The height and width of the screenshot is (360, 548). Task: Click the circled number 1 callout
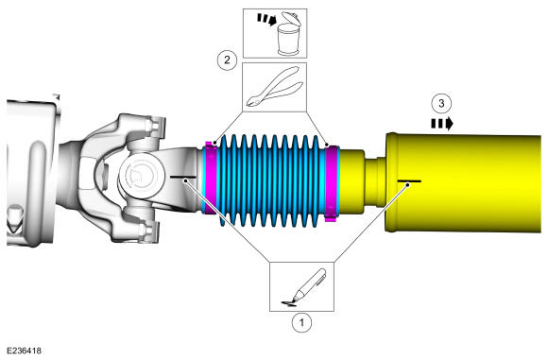301,322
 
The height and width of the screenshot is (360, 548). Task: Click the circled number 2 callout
227,60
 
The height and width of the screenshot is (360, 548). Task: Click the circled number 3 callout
441,103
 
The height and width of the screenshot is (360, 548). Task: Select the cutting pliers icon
275,87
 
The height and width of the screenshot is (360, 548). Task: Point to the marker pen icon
304,287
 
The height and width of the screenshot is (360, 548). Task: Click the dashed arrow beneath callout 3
442,124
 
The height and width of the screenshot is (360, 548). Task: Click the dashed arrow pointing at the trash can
266,19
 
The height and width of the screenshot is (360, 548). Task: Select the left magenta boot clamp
211,179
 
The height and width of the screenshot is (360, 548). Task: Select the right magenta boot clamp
332,183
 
